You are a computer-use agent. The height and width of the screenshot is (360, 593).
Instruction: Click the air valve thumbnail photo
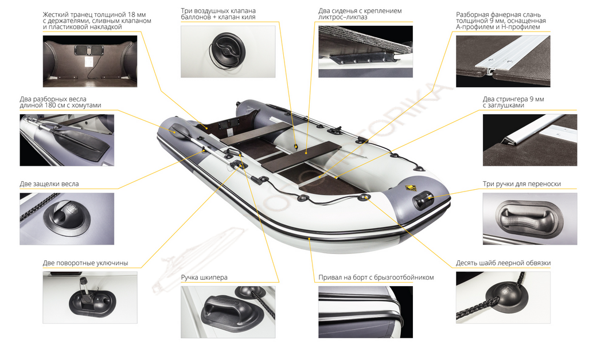click(x=228, y=52)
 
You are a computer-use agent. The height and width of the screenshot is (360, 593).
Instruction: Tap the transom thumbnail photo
click(x=90, y=61)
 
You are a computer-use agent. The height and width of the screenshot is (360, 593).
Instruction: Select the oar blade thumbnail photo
click(x=67, y=140)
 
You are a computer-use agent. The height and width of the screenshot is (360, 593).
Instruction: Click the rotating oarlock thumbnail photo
click(x=90, y=297)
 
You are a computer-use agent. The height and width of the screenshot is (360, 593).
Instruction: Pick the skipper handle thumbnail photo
click(x=228, y=312)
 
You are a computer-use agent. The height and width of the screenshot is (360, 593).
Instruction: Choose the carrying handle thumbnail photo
click(x=530, y=218)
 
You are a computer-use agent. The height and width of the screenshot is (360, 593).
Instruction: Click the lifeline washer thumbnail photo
click(x=503, y=297)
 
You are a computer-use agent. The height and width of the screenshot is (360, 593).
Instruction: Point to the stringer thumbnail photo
click(x=530, y=140)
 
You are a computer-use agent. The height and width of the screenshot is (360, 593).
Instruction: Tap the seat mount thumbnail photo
click(x=366, y=52)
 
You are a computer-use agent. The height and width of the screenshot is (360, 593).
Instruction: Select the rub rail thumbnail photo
click(x=366, y=312)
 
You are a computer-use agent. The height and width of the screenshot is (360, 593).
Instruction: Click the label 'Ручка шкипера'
click(x=204, y=277)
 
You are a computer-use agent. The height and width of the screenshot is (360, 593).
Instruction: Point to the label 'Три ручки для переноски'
click(x=521, y=184)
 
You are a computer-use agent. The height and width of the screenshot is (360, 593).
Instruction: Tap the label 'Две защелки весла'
click(x=49, y=184)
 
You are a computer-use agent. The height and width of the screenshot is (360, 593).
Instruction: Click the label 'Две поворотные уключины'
click(x=85, y=263)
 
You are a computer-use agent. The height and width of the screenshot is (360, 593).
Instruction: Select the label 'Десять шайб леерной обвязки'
click(x=503, y=263)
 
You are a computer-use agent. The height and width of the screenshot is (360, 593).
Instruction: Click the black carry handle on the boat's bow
click(x=423, y=201)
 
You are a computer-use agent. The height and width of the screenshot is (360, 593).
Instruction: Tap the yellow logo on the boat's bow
click(x=410, y=188)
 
